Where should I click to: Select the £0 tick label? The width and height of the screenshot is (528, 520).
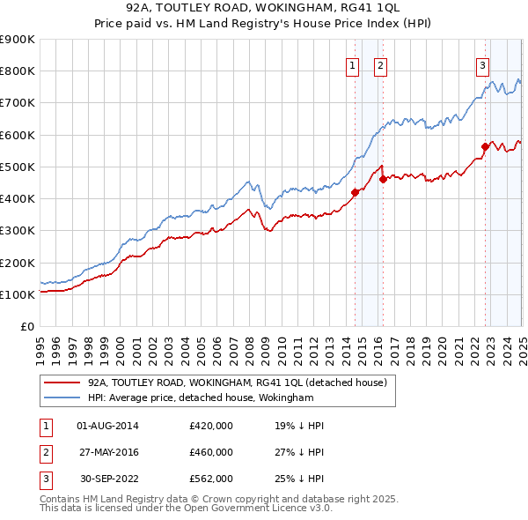click(27, 326)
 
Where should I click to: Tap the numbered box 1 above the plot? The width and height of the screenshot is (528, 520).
click(352, 64)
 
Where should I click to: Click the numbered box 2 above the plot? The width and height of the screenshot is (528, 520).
click(380, 64)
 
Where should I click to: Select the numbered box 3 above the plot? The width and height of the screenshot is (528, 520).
click(483, 64)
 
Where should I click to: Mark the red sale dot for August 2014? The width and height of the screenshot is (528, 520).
click(355, 191)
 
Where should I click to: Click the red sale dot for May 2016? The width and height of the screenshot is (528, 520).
click(384, 179)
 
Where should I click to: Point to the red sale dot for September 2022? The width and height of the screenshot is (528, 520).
click(486, 146)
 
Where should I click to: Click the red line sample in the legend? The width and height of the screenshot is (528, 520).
click(61, 383)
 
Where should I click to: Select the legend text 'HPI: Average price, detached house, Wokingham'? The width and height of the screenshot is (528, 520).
click(201, 397)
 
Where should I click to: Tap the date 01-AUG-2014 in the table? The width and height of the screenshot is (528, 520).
click(107, 426)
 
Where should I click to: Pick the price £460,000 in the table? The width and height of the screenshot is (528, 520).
click(211, 452)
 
